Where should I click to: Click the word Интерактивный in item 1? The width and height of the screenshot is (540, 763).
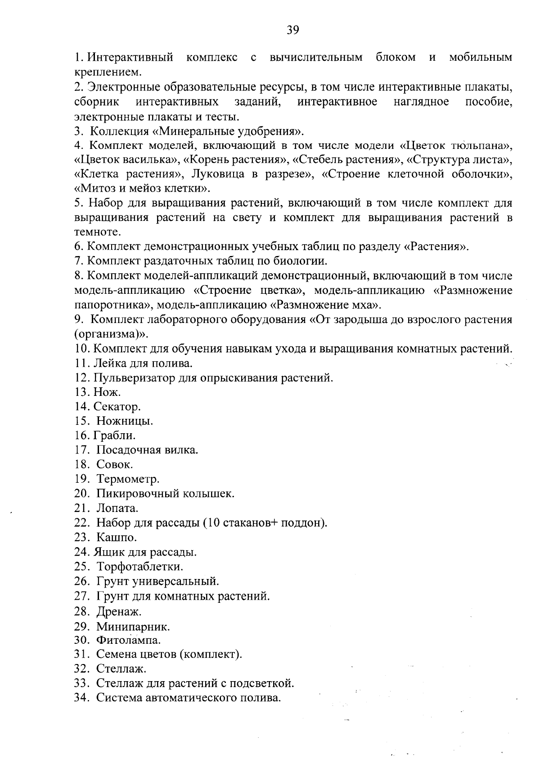(x=130, y=58)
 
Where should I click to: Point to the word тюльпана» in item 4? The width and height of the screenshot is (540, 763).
(x=486, y=146)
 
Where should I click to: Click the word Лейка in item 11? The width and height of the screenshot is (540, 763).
(x=106, y=363)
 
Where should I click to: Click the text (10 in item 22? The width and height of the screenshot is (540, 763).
(x=212, y=523)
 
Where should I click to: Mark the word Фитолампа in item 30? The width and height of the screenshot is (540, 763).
(x=128, y=639)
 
